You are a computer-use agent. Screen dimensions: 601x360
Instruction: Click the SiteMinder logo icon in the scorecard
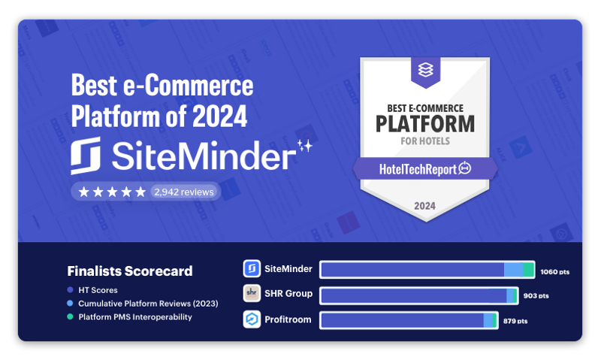click(x=252, y=268)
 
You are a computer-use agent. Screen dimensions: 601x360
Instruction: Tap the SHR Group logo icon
click(x=252, y=293)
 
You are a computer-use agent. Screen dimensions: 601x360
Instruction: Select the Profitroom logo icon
click(x=252, y=319)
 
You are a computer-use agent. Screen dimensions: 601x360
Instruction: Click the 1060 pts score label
click(x=554, y=272)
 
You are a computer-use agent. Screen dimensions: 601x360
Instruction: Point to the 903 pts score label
click(x=536, y=295)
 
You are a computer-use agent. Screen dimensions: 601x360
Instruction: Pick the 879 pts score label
click(x=515, y=321)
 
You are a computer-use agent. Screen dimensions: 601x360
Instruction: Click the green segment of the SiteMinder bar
click(x=528, y=270)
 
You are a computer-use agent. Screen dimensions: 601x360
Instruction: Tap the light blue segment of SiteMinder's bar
click(x=514, y=270)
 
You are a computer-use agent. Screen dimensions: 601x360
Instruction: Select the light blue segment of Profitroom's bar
click(x=488, y=320)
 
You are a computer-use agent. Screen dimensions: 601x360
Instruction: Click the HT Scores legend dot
click(x=70, y=290)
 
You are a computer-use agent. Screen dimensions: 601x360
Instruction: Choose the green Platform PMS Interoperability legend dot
click(x=70, y=316)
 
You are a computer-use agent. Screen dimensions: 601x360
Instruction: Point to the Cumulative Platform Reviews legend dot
click(x=70, y=304)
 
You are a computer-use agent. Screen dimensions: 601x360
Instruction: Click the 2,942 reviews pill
click(x=183, y=192)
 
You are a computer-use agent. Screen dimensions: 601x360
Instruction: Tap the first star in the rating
click(x=83, y=192)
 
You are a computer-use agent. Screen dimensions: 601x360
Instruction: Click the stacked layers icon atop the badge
click(x=425, y=69)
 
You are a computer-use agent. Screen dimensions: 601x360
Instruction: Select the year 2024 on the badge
click(x=424, y=206)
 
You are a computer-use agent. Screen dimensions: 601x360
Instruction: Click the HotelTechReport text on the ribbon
click(x=418, y=169)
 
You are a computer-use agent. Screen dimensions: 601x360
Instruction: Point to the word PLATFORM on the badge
click(x=425, y=124)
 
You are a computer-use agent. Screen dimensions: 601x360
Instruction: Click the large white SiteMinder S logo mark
click(x=86, y=156)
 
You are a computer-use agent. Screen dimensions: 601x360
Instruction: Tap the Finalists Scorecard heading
click(x=130, y=271)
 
